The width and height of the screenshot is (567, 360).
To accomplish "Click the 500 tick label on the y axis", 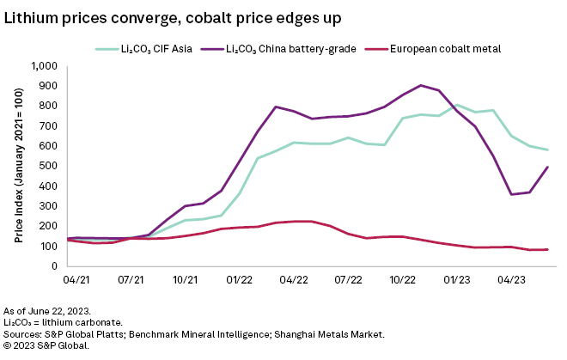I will coord(48,166).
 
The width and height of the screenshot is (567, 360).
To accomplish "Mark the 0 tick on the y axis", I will coord(53,266).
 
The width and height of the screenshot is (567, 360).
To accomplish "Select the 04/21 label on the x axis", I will coord(76,280).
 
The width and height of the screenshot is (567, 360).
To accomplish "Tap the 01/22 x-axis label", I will coord(240,280).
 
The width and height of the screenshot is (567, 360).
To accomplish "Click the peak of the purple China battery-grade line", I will coord(420,85).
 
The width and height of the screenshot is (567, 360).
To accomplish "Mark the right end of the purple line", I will coord(548,168).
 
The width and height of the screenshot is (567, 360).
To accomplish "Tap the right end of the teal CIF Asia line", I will coord(548,150).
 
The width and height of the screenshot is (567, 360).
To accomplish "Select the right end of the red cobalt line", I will coord(548,250).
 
